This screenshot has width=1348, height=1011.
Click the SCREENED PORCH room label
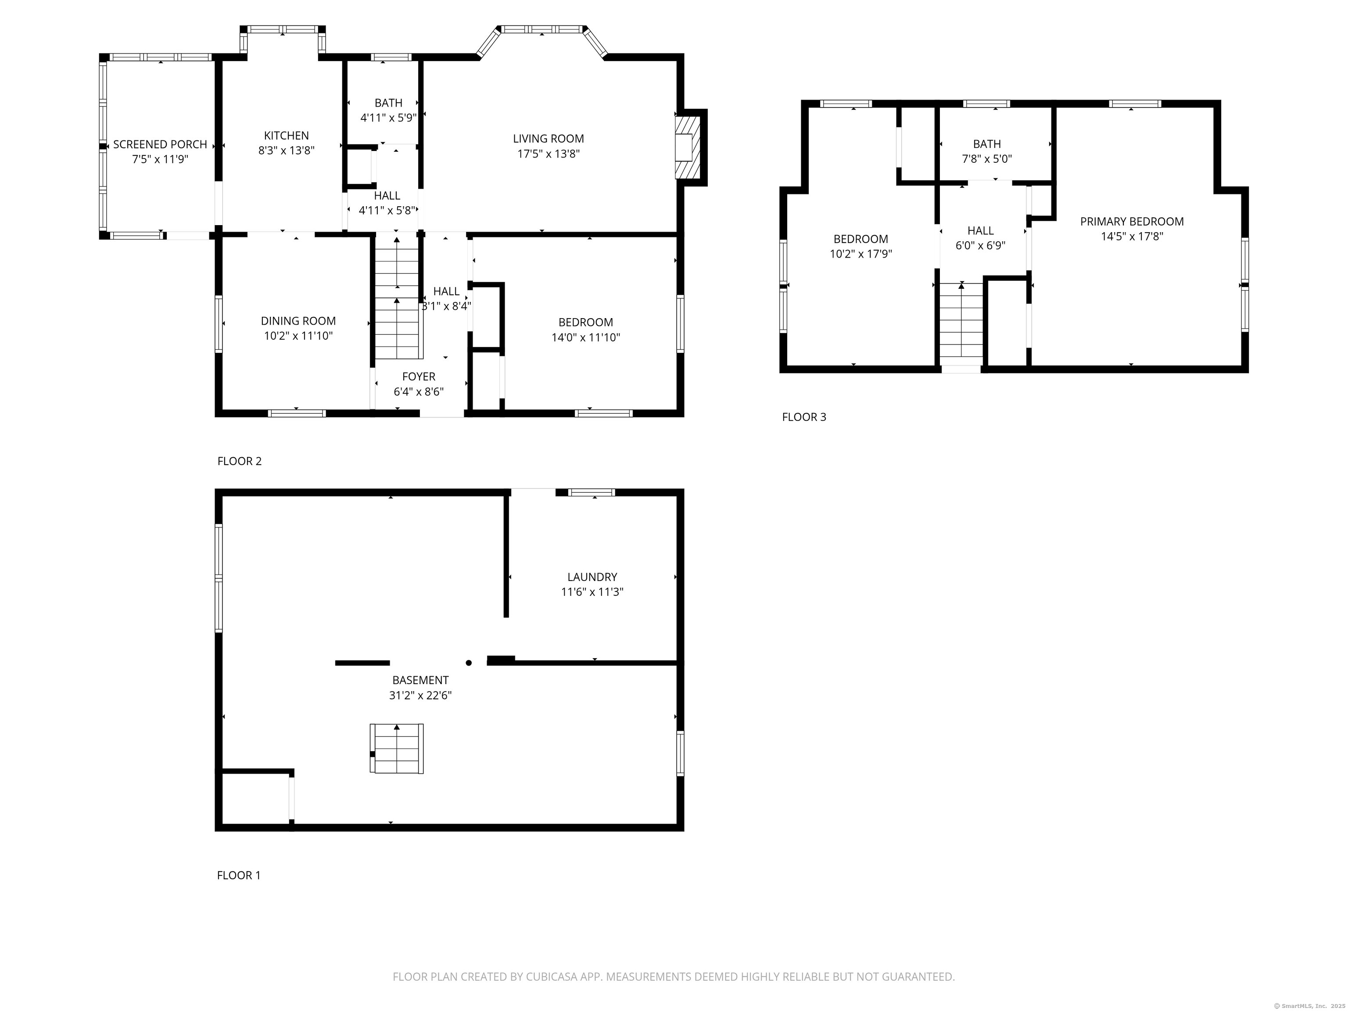pyautogui.click(x=160, y=144)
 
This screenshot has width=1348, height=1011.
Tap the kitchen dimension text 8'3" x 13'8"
pyautogui.click(x=287, y=151)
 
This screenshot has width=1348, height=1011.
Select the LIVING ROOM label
pyautogui.click(x=548, y=139)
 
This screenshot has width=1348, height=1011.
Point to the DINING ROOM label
pyautogui.click(x=298, y=321)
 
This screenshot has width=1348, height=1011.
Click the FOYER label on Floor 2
pyautogui.click(x=419, y=376)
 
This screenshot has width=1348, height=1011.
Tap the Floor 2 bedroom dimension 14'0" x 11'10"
pyautogui.click(x=586, y=337)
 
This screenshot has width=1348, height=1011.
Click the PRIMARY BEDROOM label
pyautogui.click(x=1132, y=222)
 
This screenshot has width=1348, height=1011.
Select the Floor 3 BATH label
pyautogui.click(x=986, y=144)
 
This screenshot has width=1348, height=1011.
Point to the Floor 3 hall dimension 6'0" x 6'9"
pyautogui.click(x=980, y=246)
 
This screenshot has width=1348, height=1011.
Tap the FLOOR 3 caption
pyautogui.click(x=804, y=417)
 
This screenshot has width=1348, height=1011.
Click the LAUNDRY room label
pyautogui.click(x=592, y=577)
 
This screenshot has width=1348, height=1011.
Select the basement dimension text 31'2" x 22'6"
pyautogui.click(x=420, y=696)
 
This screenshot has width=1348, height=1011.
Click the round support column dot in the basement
pyautogui.click(x=469, y=663)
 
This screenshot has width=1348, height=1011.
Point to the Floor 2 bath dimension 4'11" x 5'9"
pyautogui.click(x=388, y=118)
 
